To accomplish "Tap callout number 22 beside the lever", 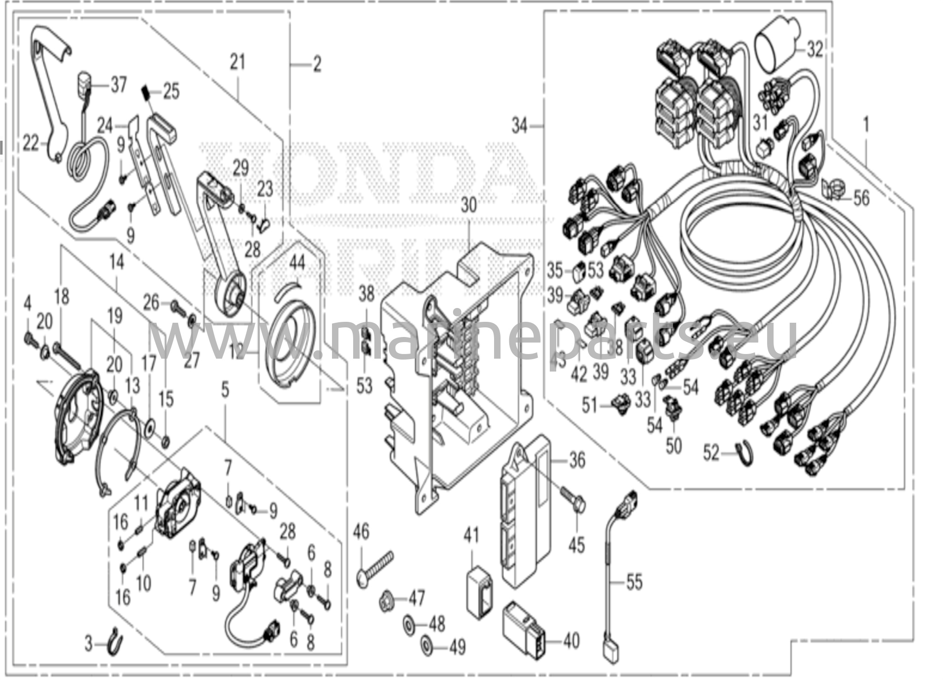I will tap(31, 145).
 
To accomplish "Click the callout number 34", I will tap(520, 125).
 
